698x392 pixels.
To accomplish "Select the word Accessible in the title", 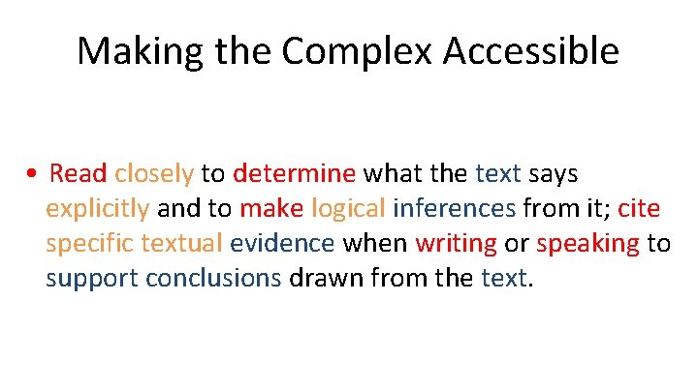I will pos(524,51).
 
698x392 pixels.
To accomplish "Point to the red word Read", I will pos(78,174).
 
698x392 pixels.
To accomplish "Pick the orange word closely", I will pos(154,174).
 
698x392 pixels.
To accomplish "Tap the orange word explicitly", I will pos(97,209).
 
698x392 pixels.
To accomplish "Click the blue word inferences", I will pos(454,209).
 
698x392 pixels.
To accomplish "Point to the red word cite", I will pos(638,209).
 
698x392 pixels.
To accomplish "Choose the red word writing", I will pos(456,244).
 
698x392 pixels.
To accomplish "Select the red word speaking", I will pos(587,244).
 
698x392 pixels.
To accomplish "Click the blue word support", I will pos(91,279).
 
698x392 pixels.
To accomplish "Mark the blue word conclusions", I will pos(213,279).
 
